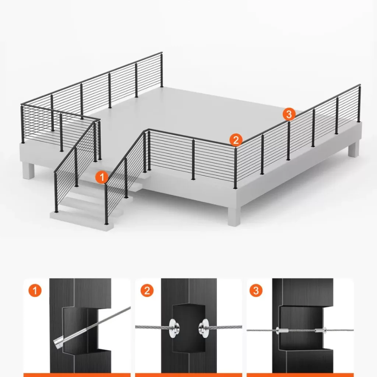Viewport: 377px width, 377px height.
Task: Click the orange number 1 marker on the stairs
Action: [102, 177]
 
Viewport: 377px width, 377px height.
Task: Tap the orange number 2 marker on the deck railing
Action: [236, 140]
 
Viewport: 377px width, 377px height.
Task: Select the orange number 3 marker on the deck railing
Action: [289, 114]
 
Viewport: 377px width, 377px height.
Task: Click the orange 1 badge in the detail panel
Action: [35, 290]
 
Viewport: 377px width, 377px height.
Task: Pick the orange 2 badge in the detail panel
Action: [147, 290]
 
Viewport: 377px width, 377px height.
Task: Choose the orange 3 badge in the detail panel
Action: [256, 290]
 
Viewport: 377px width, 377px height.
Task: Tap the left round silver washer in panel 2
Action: [174, 328]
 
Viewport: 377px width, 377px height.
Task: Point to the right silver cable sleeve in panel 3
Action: [321, 330]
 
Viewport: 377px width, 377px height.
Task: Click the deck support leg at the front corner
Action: [234, 215]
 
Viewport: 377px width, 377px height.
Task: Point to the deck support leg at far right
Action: [354, 149]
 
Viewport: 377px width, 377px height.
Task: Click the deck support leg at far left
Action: [29, 170]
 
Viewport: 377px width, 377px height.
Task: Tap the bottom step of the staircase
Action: [82, 221]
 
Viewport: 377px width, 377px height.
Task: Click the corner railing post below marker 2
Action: [235, 168]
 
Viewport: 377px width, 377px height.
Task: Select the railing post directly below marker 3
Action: [289, 141]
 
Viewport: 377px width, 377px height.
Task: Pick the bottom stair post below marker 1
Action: [106, 204]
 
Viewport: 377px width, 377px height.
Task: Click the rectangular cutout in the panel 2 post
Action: [189, 328]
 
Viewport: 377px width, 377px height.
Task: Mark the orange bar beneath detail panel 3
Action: [300, 375]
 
